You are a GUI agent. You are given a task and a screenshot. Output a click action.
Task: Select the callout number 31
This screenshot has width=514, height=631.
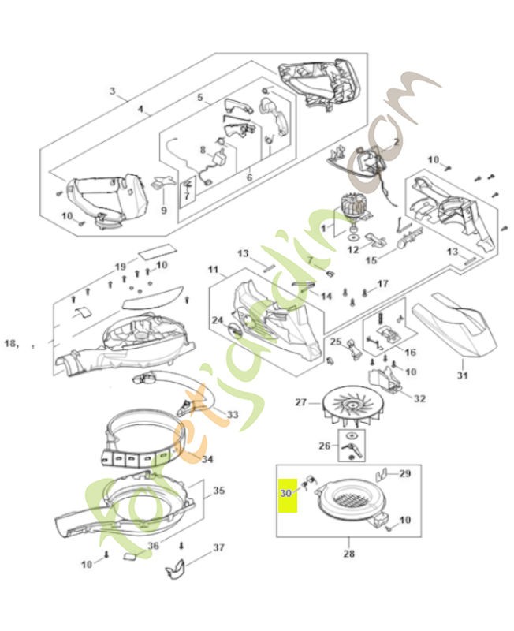(x=463, y=375)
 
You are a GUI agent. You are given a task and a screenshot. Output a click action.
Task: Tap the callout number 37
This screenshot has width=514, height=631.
(x=218, y=547)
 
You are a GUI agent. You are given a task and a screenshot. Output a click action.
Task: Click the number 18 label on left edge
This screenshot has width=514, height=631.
(x=11, y=343)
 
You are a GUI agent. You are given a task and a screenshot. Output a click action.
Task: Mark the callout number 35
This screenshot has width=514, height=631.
(x=218, y=491)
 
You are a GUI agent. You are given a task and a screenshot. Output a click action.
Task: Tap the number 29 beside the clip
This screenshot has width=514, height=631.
(x=405, y=474)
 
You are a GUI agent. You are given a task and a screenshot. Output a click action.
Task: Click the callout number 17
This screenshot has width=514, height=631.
(x=382, y=283)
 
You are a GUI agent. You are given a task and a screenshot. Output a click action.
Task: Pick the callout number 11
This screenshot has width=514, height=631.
(x=213, y=270)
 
